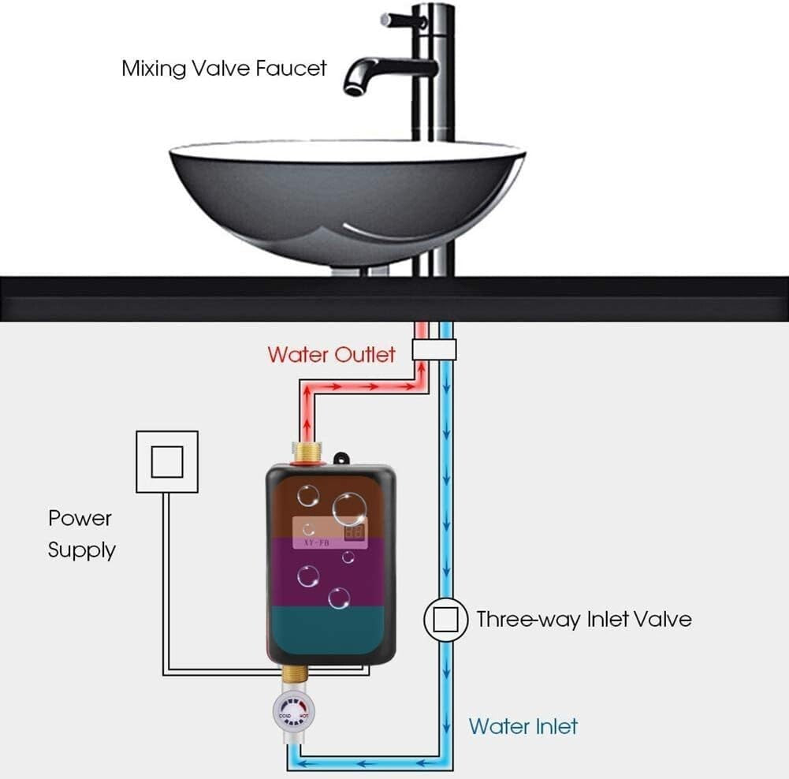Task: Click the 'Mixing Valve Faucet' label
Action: coord(224,68)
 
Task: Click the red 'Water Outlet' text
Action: coord(331,354)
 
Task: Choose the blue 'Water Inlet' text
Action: coord(523,725)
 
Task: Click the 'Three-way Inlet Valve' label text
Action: coord(583,619)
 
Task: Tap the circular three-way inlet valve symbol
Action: coord(446,620)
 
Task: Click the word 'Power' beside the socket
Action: coord(80,518)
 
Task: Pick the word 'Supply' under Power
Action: coord(82,550)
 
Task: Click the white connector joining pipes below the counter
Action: coord(434,350)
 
